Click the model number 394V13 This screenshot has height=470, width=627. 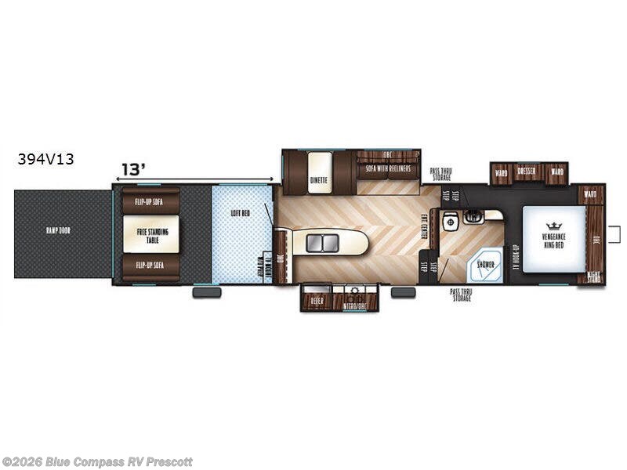[x=46, y=159]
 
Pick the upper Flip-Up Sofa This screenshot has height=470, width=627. [x=150, y=201]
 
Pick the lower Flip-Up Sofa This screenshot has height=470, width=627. [x=150, y=265]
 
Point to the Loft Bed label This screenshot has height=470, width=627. [x=240, y=212]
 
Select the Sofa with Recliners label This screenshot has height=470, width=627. [x=388, y=168]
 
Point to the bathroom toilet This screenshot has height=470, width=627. [x=450, y=222]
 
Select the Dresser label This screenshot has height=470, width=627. [x=528, y=172]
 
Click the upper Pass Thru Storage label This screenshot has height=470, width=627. [x=440, y=173]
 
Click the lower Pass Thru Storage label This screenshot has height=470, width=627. [x=460, y=295]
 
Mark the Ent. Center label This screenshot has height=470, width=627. [x=424, y=226]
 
